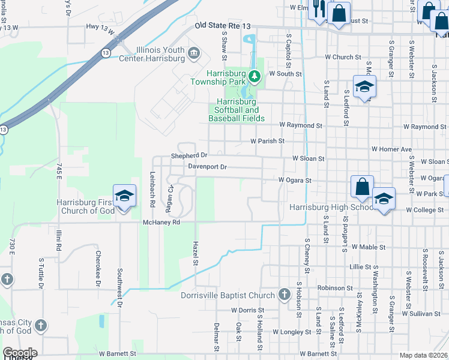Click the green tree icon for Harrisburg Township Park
[255, 76]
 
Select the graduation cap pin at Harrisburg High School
[384, 199]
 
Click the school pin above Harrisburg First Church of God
[124, 196]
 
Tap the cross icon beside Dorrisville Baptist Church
[284, 295]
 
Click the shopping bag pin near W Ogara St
[363, 187]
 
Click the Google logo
[20, 353]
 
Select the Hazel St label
[194, 254]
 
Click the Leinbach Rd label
[152, 190]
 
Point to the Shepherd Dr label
[189, 155]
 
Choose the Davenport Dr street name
[207, 167]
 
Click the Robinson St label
[335, 288]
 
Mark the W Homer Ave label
[391, 149]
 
